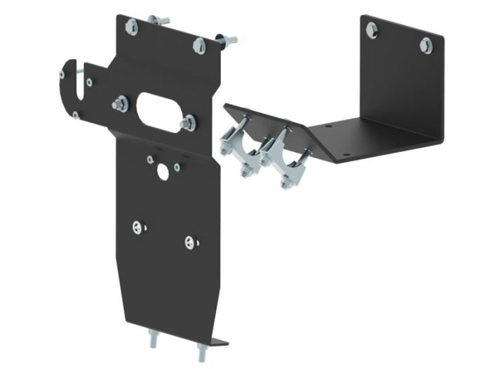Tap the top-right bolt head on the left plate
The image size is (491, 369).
[x=198, y=45]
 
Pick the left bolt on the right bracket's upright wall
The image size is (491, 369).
[x=371, y=27]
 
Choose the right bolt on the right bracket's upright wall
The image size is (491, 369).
[x=424, y=45]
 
